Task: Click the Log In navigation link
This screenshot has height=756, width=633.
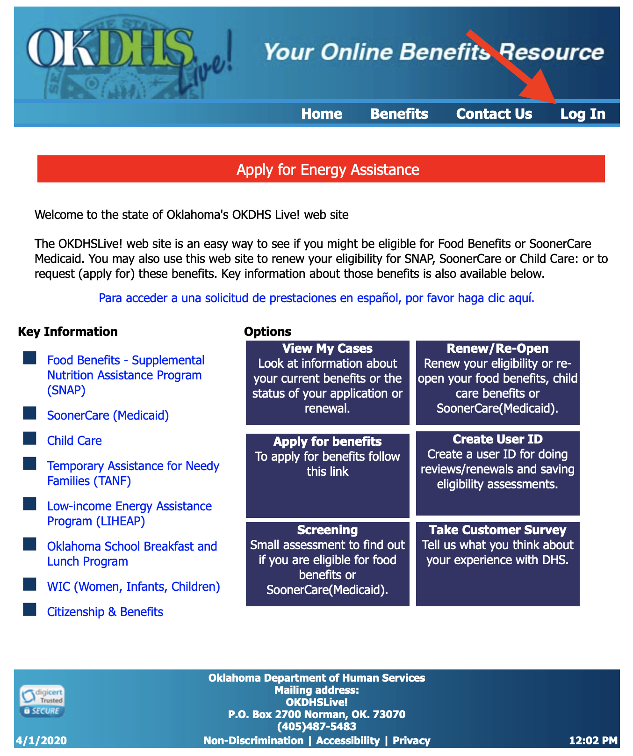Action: tap(583, 114)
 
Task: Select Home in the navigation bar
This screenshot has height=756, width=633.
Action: tap(322, 114)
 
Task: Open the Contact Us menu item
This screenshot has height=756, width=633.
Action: tap(494, 114)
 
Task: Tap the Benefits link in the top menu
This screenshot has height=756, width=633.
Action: tap(399, 114)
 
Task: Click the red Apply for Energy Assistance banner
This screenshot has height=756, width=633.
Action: tap(321, 169)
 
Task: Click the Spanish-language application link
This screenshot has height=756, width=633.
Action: tap(316, 298)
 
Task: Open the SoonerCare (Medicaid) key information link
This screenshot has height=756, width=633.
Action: tap(108, 415)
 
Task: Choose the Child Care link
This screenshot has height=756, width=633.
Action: tap(74, 441)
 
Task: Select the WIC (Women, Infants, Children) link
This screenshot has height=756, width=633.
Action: tap(133, 587)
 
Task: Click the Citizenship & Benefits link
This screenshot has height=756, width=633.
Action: tap(105, 612)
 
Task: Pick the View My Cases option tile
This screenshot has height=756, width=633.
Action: tap(327, 382)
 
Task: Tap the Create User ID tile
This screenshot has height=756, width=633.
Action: tap(497, 473)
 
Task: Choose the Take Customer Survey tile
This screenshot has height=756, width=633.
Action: tap(497, 564)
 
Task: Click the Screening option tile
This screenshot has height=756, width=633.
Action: tap(327, 564)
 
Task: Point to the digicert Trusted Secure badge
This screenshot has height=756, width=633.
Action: tap(42, 701)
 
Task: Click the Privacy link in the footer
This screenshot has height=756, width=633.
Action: tap(411, 741)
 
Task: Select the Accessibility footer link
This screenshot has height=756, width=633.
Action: tap(348, 741)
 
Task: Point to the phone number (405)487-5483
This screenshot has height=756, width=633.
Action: tap(316, 727)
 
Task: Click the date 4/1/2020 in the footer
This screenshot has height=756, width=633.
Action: tap(41, 741)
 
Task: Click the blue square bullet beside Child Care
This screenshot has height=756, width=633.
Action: tap(30, 438)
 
